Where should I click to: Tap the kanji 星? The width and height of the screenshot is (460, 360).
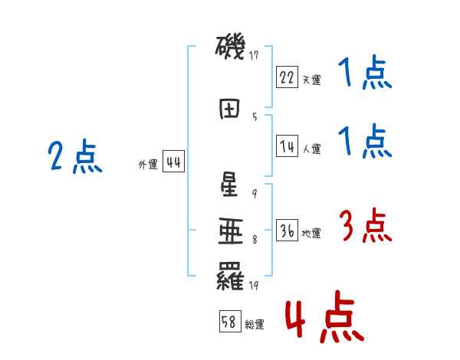[x=229, y=184]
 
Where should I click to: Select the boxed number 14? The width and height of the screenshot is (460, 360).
[x=287, y=147]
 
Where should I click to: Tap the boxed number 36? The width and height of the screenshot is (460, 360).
[x=287, y=231]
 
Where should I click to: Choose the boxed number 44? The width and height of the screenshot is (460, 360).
[x=173, y=162]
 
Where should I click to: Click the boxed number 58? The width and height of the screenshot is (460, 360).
[x=229, y=322]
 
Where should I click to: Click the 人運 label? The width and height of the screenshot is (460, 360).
[x=311, y=149]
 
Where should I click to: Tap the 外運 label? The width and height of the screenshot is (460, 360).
[x=147, y=165]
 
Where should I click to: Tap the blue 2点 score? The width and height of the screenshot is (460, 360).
[x=74, y=157]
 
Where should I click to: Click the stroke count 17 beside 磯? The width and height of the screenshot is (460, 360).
[x=254, y=55]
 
